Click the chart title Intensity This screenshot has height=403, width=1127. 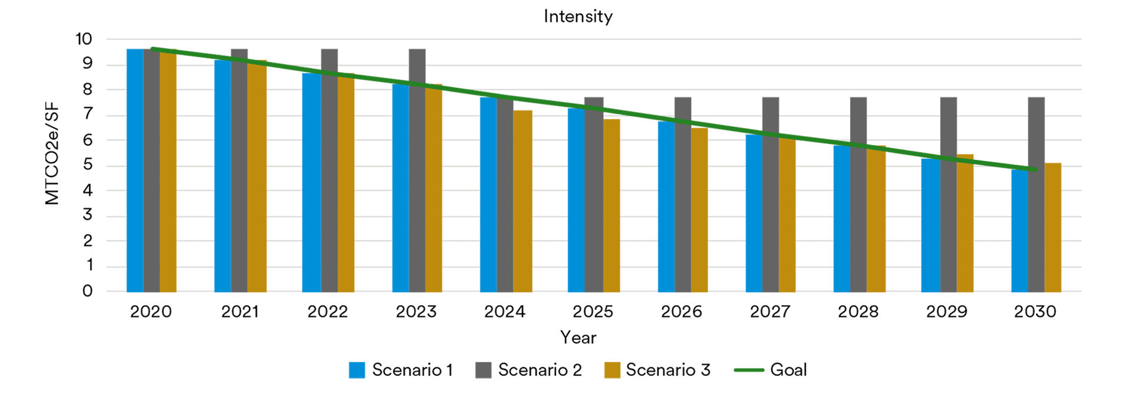click(x=578, y=17)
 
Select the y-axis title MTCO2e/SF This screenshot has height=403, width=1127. click(x=52, y=153)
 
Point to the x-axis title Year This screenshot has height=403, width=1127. click(x=578, y=338)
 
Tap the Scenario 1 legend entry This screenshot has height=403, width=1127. click(x=401, y=370)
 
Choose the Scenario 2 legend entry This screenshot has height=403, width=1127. click(x=528, y=370)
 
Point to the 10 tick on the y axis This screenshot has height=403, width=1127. click(x=84, y=39)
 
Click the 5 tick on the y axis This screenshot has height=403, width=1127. click(x=88, y=165)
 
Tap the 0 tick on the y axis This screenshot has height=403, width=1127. click(x=88, y=291)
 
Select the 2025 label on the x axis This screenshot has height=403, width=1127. click(x=593, y=312)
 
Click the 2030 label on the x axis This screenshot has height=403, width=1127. click(x=1035, y=312)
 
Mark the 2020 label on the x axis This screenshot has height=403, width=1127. click(x=151, y=312)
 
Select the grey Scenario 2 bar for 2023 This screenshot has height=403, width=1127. click(x=417, y=171)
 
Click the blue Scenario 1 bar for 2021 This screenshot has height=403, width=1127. click(x=223, y=177)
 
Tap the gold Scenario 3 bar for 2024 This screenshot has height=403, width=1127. click(x=523, y=201)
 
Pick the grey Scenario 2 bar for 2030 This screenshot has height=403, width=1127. click(x=1036, y=195)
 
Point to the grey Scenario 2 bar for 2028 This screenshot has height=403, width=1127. click(x=858, y=195)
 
